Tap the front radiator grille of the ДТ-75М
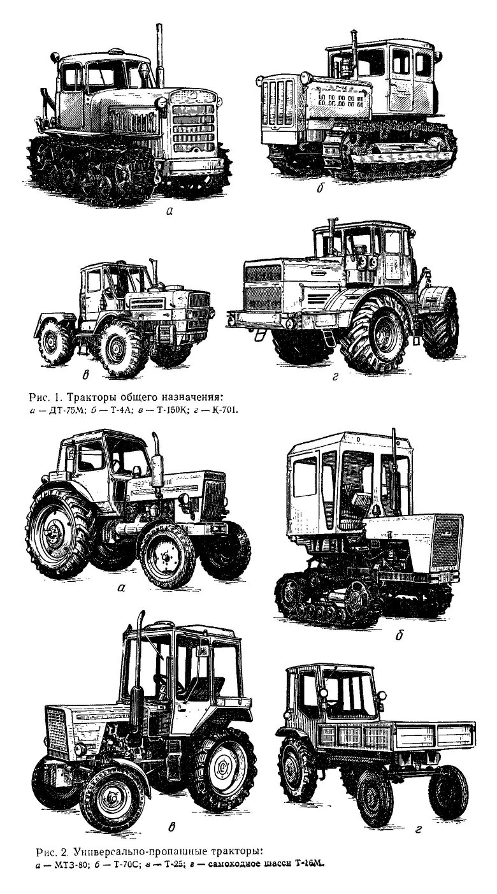194,125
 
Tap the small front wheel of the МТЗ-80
166,554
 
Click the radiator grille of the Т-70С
447,541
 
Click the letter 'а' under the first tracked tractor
169,212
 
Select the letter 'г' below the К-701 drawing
335,377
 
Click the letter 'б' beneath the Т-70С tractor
399,636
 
